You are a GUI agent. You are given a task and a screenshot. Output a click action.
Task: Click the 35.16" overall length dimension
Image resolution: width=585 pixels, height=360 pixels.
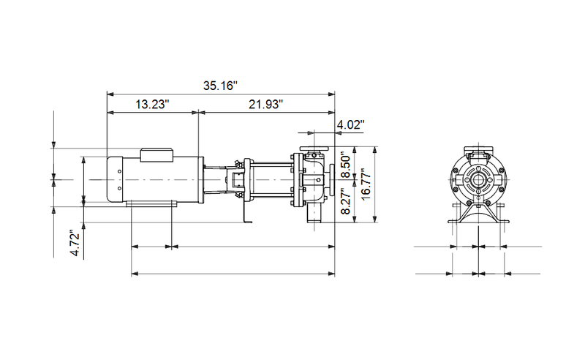[220, 86]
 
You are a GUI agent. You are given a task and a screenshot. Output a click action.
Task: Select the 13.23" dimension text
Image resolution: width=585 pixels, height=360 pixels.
[152, 105]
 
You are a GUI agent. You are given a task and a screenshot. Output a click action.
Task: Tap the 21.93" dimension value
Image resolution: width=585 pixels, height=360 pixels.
[266, 105]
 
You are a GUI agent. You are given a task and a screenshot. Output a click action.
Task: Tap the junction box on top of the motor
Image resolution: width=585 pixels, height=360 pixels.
[156, 154]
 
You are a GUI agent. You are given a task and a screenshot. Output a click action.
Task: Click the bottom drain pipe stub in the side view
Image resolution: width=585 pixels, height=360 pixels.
[314, 216]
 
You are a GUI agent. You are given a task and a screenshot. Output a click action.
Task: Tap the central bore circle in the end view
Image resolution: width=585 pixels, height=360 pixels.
[478, 179]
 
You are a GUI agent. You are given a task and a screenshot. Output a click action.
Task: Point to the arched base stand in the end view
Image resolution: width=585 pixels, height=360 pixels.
[478, 216]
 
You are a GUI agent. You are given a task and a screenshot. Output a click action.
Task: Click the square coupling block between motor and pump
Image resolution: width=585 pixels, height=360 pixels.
[236, 180]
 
